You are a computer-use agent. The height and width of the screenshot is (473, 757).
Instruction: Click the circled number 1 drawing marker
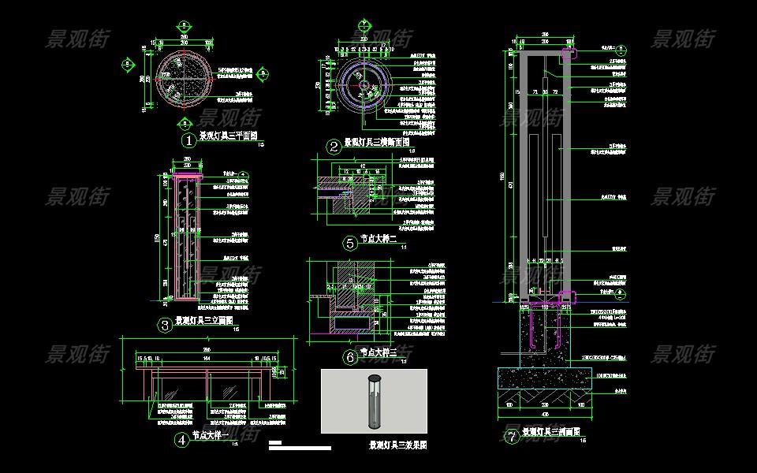(x=188, y=140)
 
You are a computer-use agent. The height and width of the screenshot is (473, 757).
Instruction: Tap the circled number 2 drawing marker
(x=334, y=147)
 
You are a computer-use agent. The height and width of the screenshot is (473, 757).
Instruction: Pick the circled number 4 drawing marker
(x=181, y=440)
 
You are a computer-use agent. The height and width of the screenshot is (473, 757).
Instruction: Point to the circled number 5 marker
(x=350, y=243)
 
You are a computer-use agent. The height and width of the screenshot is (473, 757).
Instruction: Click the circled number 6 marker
(x=350, y=357)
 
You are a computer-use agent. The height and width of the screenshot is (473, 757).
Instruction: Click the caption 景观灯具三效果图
(x=397, y=445)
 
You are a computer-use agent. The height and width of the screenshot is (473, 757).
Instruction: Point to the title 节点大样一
(x=209, y=434)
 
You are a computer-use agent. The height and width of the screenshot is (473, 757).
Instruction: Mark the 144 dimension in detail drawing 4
(x=208, y=358)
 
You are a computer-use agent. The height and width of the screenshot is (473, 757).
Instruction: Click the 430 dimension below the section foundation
(x=546, y=415)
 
